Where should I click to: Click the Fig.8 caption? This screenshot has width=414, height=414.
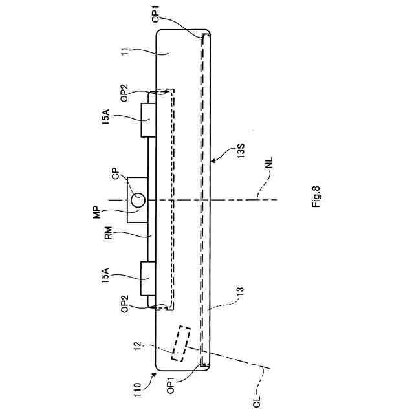tap(316, 197)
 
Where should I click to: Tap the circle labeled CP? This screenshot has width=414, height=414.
tap(138, 200)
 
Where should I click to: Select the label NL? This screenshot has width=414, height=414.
tap(269, 162)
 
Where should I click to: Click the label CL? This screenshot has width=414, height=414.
tap(257, 401)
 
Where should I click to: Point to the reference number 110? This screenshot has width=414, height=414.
tap(137, 389)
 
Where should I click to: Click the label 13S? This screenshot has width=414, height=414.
tap(241, 151)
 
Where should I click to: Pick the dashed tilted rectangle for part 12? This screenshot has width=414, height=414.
tap(181, 343)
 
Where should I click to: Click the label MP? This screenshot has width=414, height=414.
tap(97, 212)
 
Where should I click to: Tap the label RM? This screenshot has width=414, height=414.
tap(109, 233)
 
